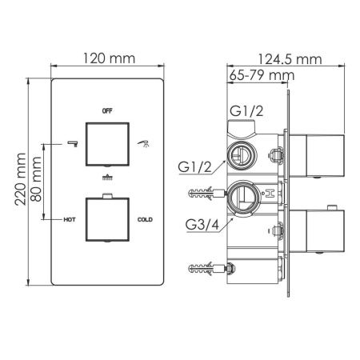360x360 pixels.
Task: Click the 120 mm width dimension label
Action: tap(108, 59)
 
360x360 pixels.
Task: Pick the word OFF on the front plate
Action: tap(107, 108)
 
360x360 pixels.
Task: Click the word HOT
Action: tap(70, 218)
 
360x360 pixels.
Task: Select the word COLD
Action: tap(145, 218)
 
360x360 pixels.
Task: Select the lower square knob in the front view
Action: tap(107, 218)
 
